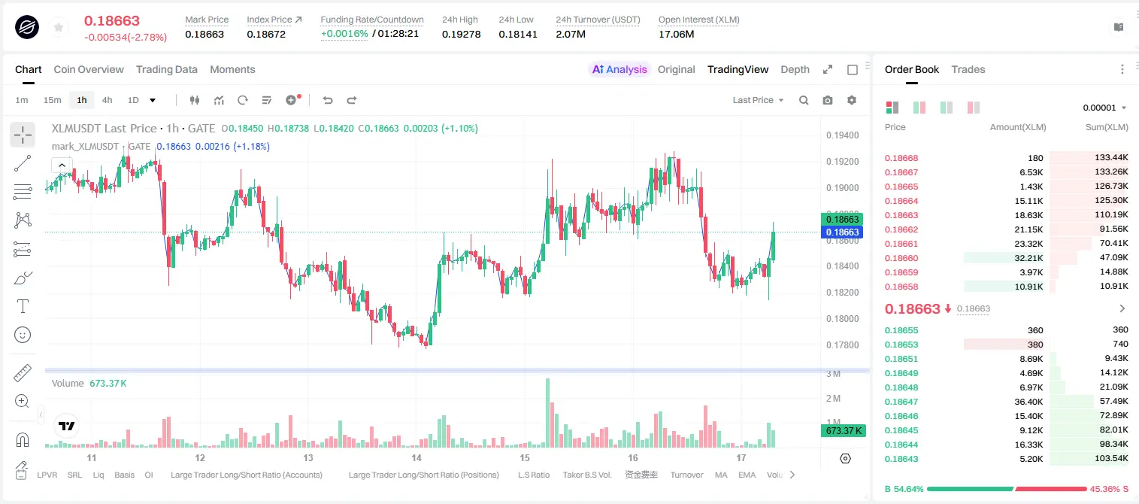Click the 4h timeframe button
107,100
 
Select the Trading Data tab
166,69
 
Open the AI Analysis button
619,69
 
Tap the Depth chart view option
795,69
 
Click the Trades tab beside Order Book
968,69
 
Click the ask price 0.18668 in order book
901,158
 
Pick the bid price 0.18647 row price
901,401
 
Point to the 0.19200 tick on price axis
842,161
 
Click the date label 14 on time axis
416,457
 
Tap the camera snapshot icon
827,100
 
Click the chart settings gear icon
852,100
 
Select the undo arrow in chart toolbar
328,100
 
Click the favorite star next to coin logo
59,27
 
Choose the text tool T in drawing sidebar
23,306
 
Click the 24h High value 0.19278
461,34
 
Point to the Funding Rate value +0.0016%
344,34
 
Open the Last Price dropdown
758,100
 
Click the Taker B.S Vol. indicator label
586,475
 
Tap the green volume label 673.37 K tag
843,431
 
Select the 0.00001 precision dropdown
1104,108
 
